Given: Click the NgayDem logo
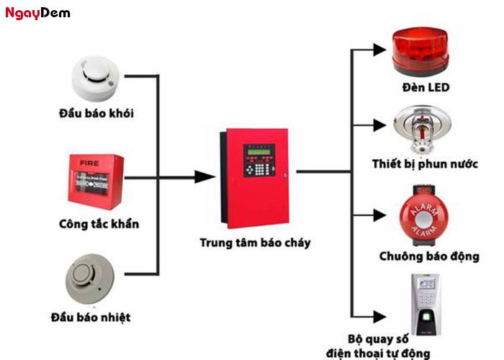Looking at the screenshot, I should (x=37, y=13).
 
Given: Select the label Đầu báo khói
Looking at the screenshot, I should (x=96, y=113).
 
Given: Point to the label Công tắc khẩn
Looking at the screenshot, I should (x=99, y=224).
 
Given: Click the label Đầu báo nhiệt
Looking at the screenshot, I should (x=91, y=317).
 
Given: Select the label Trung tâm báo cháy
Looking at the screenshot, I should (x=255, y=243).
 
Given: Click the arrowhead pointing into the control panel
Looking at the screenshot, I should (x=206, y=176).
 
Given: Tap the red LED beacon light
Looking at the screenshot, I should (x=421, y=53).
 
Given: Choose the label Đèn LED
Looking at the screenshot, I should (x=426, y=88).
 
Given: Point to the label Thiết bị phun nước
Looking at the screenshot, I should (x=425, y=163).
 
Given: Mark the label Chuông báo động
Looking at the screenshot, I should (x=428, y=256).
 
